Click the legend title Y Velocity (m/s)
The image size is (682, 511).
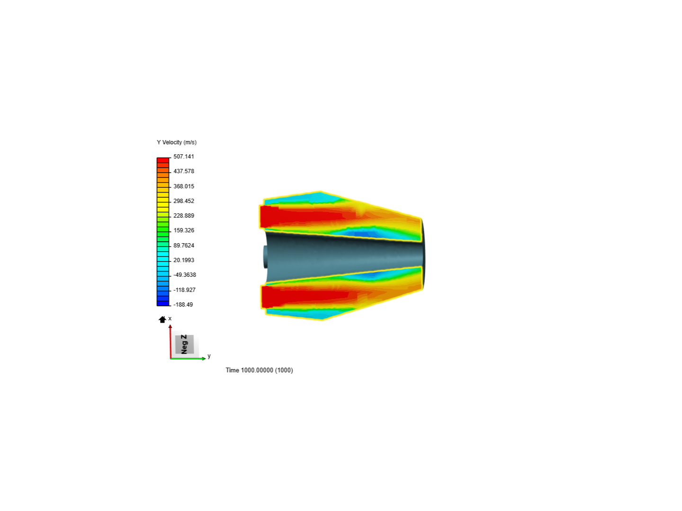point(177,142)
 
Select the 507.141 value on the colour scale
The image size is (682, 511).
point(184,157)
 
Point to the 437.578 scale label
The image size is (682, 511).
point(184,171)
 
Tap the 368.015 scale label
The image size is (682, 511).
point(184,186)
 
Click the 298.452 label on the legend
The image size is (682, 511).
point(184,201)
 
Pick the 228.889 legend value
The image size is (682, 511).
point(184,216)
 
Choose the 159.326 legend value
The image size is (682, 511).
point(184,230)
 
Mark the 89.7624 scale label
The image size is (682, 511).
point(184,246)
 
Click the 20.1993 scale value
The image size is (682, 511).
point(184,260)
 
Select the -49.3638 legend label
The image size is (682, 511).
point(185,275)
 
